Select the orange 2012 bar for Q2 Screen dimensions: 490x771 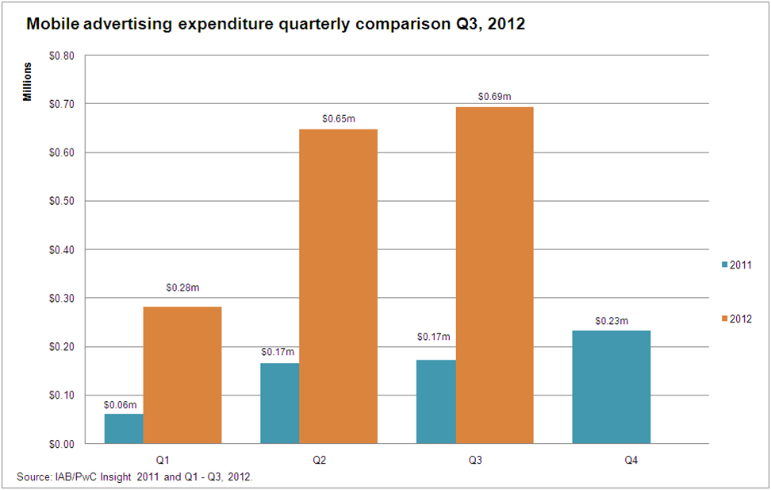[339, 286]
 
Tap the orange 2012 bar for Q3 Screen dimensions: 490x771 [494, 275]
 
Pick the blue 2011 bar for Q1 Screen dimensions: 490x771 [124, 428]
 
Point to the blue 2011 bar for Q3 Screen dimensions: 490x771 [436, 401]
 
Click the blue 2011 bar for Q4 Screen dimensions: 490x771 [612, 387]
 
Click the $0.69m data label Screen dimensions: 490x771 [494, 97]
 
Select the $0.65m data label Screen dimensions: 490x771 [339, 118]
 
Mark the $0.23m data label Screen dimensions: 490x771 [612, 321]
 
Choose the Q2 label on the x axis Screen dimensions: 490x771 [319, 459]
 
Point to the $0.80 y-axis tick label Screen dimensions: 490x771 [61, 56]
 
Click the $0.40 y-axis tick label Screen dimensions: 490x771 [61, 249]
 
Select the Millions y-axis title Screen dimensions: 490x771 [28, 82]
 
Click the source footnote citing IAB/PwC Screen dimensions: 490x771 [134, 476]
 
